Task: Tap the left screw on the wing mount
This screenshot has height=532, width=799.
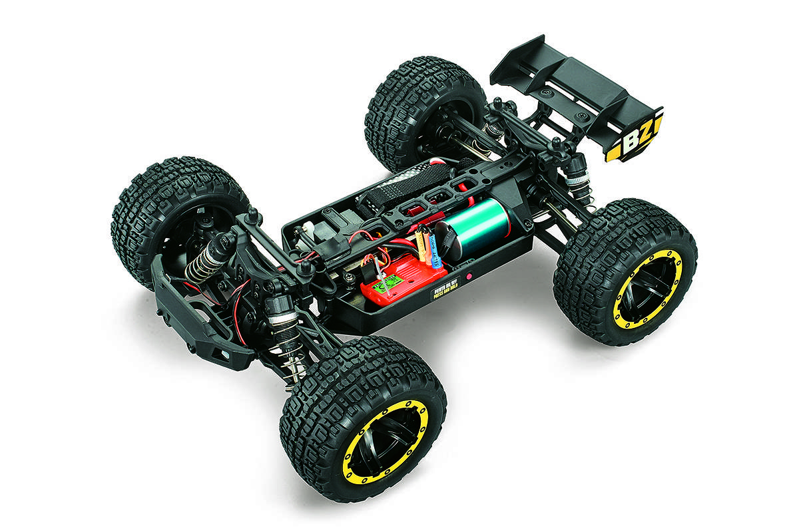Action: coord(546,94)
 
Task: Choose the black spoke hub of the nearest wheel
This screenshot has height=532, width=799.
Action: coord(386,442)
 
